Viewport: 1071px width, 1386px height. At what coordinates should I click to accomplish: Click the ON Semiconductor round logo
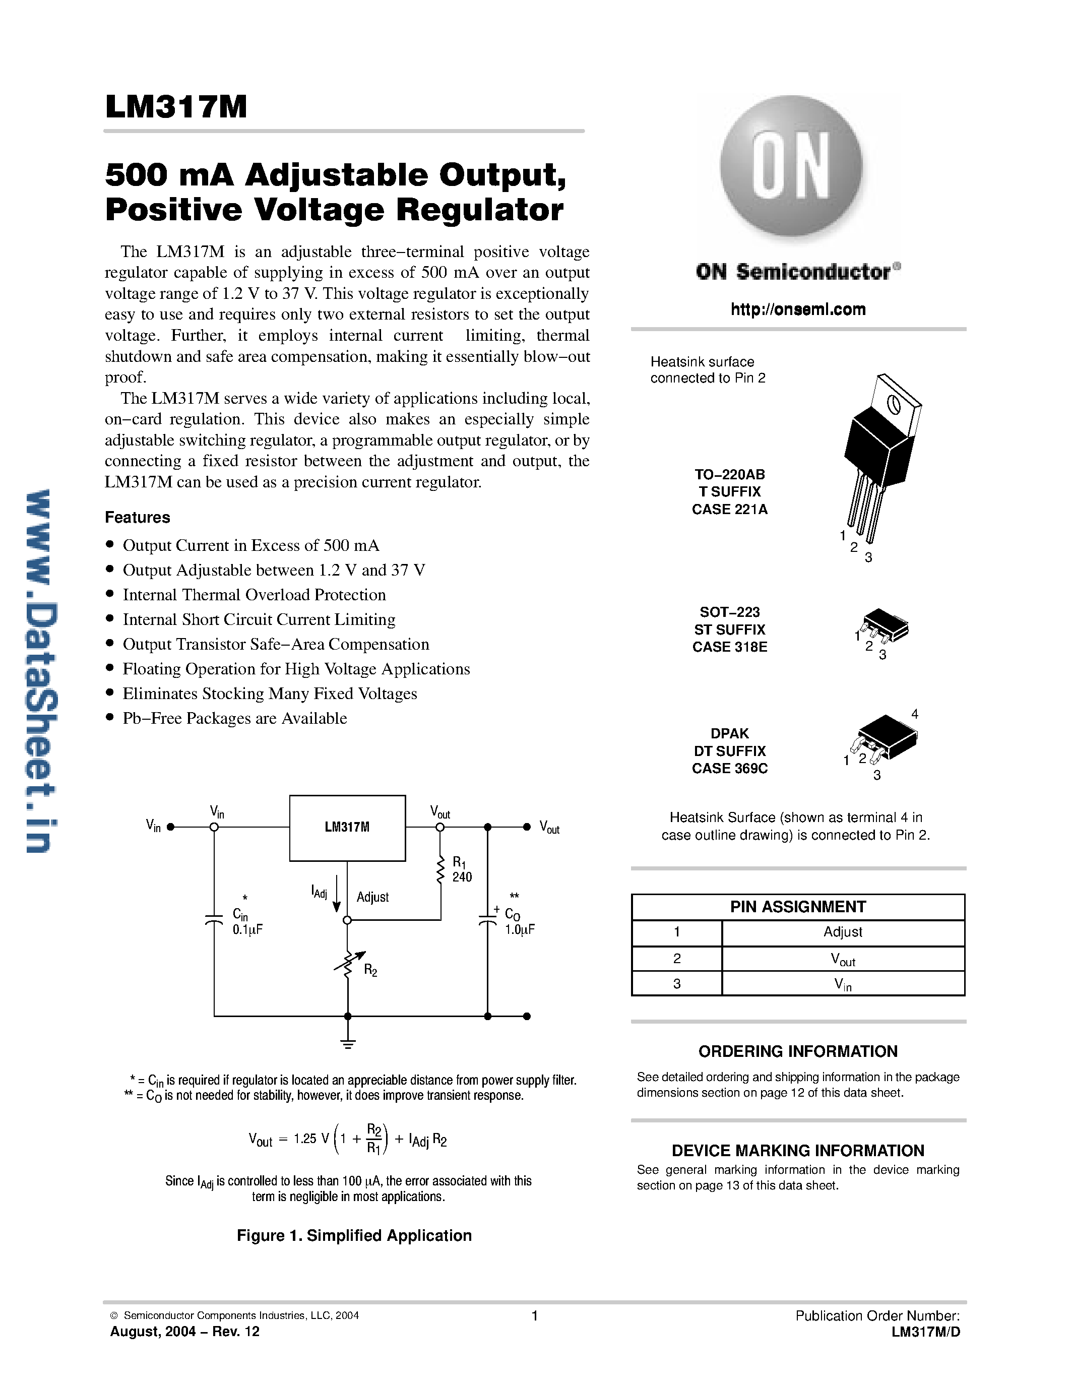pyautogui.click(x=791, y=166)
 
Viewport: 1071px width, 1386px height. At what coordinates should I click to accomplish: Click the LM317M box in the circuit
pyautogui.click(x=347, y=828)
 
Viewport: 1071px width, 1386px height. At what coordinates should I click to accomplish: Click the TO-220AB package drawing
pyautogui.click(x=882, y=457)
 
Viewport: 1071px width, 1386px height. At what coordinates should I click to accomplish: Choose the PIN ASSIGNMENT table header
pyautogui.click(x=797, y=906)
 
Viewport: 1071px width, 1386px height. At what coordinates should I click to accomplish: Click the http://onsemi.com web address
pyautogui.click(x=797, y=309)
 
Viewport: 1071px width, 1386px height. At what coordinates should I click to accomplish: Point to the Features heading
pyautogui.click(x=137, y=517)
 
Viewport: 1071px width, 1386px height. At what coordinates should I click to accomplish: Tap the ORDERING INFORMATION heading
pyautogui.click(x=797, y=1051)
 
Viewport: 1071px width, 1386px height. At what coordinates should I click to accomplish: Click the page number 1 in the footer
pyautogui.click(x=535, y=1315)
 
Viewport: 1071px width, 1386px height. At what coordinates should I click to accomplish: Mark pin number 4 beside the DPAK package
pyautogui.click(x=914, y=714)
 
